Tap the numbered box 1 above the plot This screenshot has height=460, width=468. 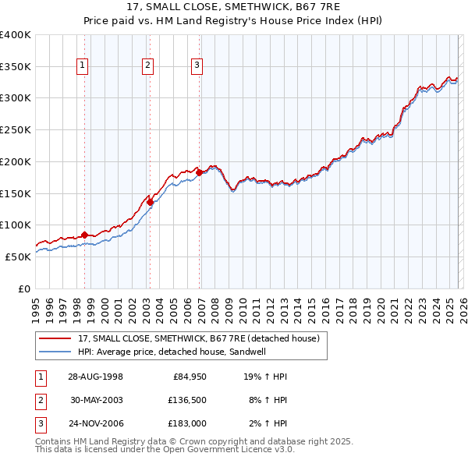click(83, 66)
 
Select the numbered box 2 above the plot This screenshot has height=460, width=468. click(147, 66)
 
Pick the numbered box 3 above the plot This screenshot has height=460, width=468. click(197, 66)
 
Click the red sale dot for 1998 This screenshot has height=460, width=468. click(85, 234)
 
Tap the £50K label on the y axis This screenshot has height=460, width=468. click(18, 257)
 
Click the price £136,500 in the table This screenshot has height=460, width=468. click(184, 400)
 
